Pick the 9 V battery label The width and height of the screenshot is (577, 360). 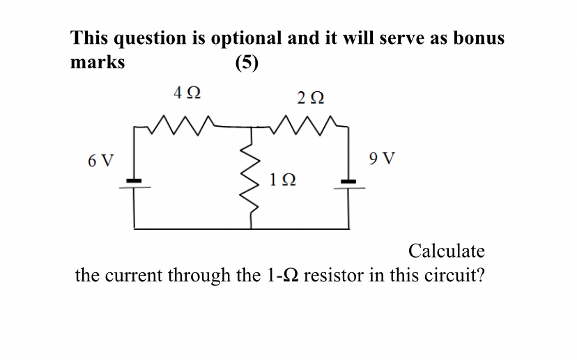pyautogui.click(x=382, y=158)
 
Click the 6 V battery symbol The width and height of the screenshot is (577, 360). pyautogui.click(x=134, y=182)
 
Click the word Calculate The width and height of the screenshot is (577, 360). pyautogui.click(x=446, y=251)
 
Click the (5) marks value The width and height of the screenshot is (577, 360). pyautogui.click(x=247, y=63)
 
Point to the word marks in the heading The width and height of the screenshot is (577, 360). pyautogui.click(x=98, y=63)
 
